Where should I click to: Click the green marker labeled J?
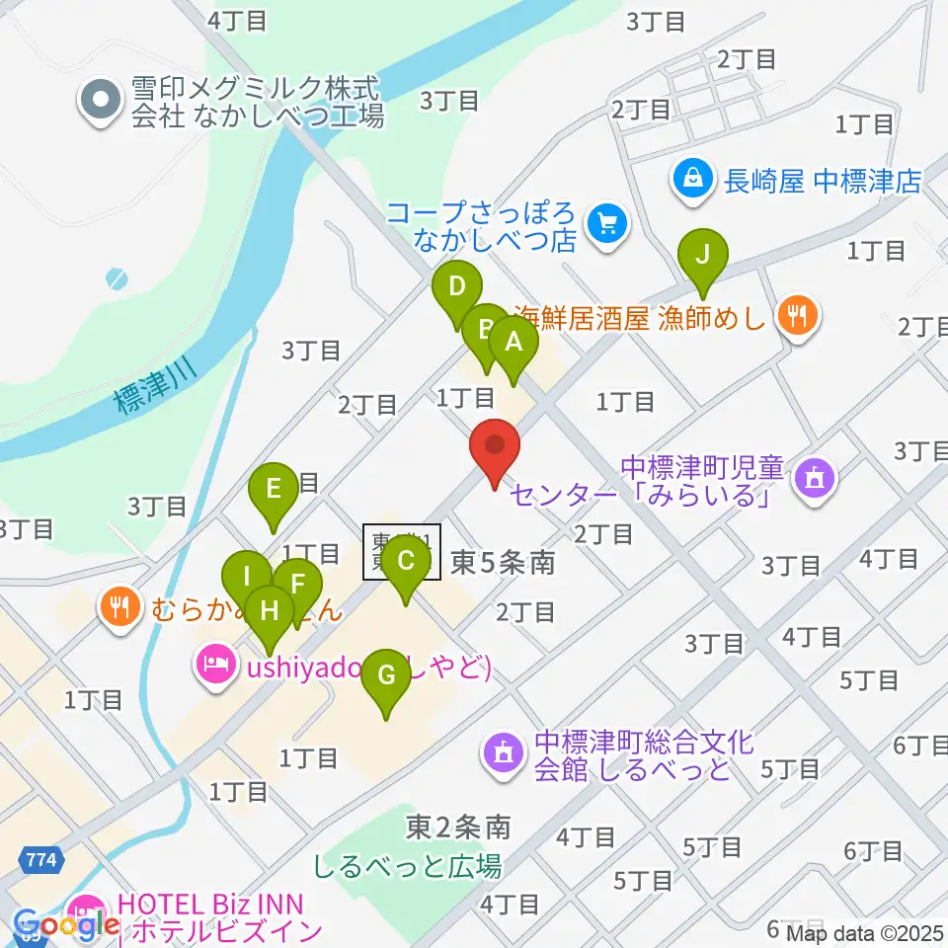coord(702,256)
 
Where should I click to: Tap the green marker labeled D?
coord(456,288)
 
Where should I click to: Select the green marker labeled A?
coord(513,344)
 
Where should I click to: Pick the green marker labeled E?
coord(275,488)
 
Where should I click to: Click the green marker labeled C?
coord(405,563)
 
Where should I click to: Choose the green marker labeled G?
coord(386,676)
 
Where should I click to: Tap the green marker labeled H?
coord(268,612)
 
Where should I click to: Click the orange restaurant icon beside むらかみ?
coord(120,606)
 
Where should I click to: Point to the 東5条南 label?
coord(503,564)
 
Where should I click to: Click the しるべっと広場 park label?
coord(407,866)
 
